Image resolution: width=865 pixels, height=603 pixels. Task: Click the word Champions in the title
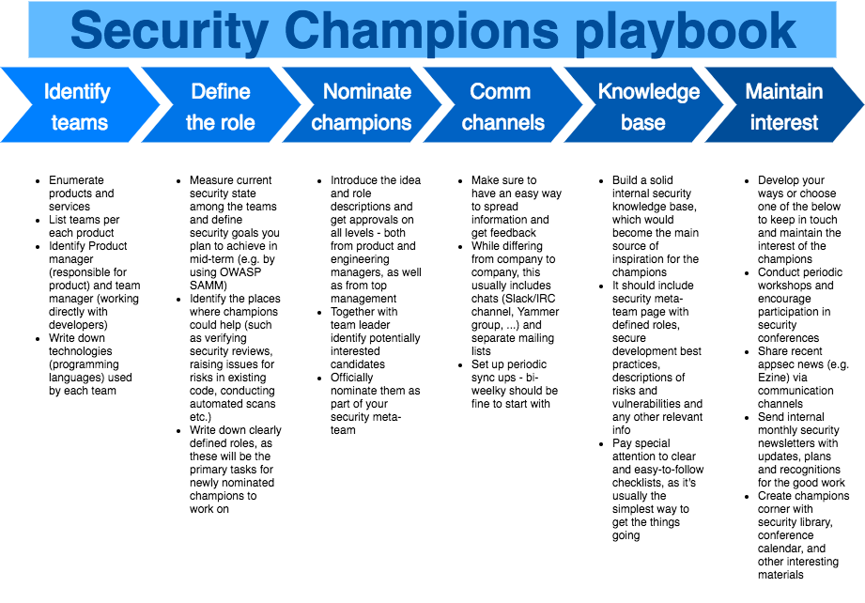422,31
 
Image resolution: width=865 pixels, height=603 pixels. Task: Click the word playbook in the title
686,32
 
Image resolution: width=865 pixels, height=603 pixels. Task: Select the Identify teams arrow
80,105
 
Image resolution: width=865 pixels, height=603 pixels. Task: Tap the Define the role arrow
221,105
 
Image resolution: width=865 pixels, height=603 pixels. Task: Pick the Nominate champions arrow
362,105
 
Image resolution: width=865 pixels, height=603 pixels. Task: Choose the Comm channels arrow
502,105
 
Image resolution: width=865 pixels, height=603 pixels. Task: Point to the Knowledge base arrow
643,105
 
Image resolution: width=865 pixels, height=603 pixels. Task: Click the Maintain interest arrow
784,105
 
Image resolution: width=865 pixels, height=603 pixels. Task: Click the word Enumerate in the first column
76,180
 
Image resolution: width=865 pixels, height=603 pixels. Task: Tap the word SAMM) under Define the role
208,286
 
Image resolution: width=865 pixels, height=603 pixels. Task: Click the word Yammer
538,312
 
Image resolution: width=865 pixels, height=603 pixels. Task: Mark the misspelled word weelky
491,391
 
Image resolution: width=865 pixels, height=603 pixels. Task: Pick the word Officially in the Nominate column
352,378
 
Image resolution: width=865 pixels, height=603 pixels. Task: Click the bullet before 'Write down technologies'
38,339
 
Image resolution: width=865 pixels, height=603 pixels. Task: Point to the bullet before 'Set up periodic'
460,365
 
